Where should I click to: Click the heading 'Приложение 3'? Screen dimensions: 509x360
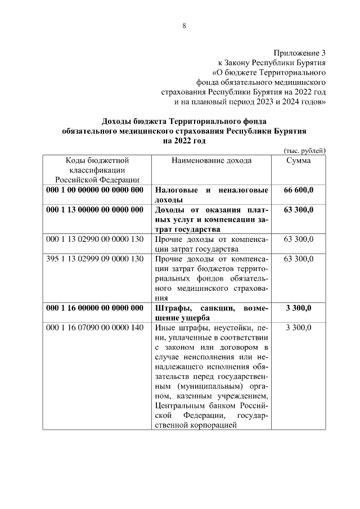[299, 53]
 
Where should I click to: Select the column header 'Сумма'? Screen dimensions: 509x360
[298, 160]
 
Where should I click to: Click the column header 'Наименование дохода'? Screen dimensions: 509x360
[211, 160]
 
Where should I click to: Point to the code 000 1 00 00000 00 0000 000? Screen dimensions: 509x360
[95, 190]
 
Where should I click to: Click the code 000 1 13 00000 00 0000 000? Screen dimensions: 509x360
[95, 210]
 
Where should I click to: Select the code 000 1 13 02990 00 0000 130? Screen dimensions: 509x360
[95, 239]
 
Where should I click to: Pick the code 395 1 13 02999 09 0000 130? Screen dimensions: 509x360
[95, 259]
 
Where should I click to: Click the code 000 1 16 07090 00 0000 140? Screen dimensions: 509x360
[95, 327]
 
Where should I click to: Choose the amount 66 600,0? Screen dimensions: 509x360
[299, 190]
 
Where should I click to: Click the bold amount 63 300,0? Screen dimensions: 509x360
[299, 210]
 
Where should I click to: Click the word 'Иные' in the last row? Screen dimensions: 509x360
[165, 327]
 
